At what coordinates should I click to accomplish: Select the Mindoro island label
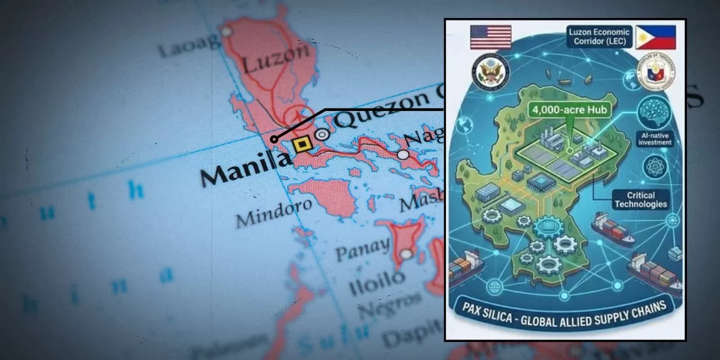pyautogui.click(x=274, y=212)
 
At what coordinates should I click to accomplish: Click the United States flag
pyautogui.click(x=491, y=37)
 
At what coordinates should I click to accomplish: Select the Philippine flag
pyautogui.click(x=655, y=37)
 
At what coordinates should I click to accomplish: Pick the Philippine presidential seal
pyautogui.click(x=657, y=73)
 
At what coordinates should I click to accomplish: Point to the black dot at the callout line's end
pyautogui.click(x=274, y=139)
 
